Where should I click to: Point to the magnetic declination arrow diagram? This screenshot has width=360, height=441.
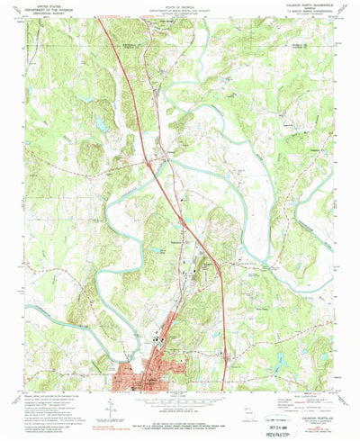pos(108,409)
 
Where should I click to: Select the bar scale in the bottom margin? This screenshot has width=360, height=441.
pos(180,404)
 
